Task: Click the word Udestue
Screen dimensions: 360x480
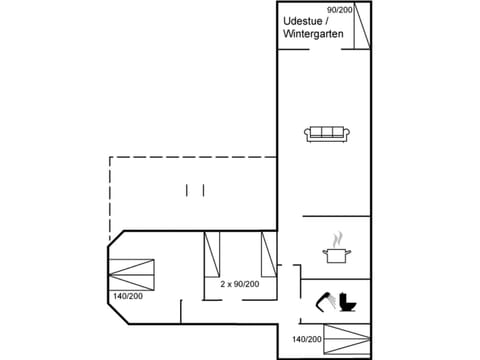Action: pos(303,20)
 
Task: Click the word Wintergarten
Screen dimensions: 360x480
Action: pos(313,34)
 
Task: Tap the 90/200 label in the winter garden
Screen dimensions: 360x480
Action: pos(340,9)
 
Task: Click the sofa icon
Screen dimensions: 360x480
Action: pos(327,133)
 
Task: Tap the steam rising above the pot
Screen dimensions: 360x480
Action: pos(339,239)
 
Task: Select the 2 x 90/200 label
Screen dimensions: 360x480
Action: pos(240,284)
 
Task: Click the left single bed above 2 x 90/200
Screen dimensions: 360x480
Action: pos(211,255)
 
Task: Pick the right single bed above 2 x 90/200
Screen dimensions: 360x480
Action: pos(268,255)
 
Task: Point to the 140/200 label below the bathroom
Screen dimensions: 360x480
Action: pos(306,340)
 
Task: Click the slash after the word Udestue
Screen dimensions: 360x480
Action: pos(327,20)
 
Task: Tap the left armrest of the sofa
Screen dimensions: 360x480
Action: pos(309,134)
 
